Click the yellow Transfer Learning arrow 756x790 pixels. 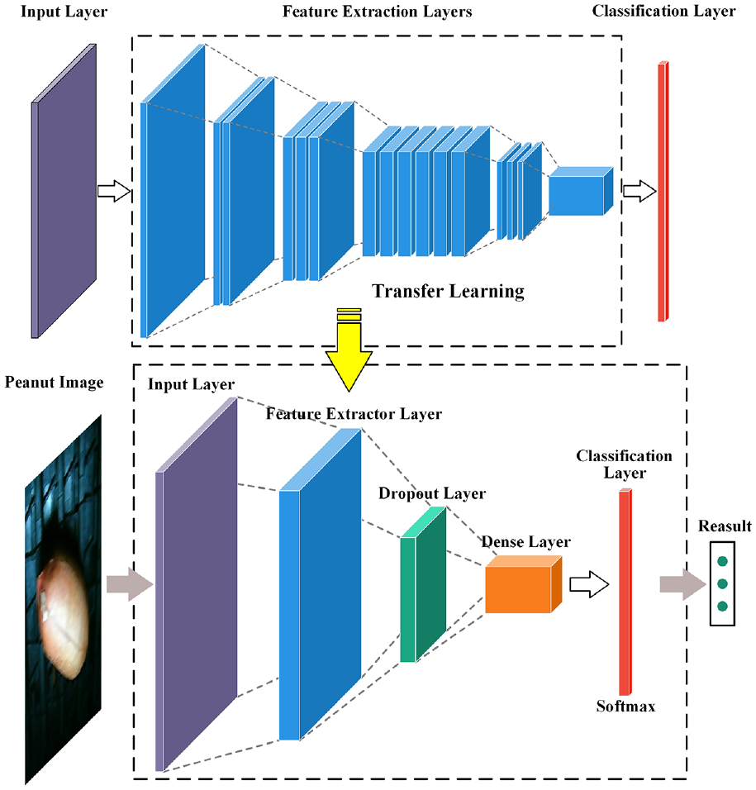[x=349, y=353]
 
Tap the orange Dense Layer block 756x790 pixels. [x=523, y=584]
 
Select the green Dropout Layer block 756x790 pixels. [x=423, y=584]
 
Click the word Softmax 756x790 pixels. [x=625, y=706]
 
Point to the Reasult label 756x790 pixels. [x=725, y=526]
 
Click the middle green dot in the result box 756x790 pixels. [x=722, y=583]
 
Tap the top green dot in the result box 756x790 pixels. [x=722, y=561]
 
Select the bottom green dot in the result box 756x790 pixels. [x=722, y=606]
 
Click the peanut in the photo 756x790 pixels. [x=63, y=615]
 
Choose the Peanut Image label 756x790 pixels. [x=55, y=383]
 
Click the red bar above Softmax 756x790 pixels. [x=625, y=592]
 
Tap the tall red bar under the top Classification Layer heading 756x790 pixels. [x=663, y=192]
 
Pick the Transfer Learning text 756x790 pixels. [x=449, y=291]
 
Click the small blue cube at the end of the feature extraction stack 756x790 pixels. [x=581, y=191]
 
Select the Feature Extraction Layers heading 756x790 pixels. [x=378, y=12]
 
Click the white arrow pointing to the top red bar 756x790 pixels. [x=640, y=191]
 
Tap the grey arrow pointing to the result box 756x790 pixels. [x=683, y=584]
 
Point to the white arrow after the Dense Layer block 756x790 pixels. [x=589, y=584]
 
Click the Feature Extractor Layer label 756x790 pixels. [x=354, y=414]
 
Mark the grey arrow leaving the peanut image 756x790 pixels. [x=130, y=584]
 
